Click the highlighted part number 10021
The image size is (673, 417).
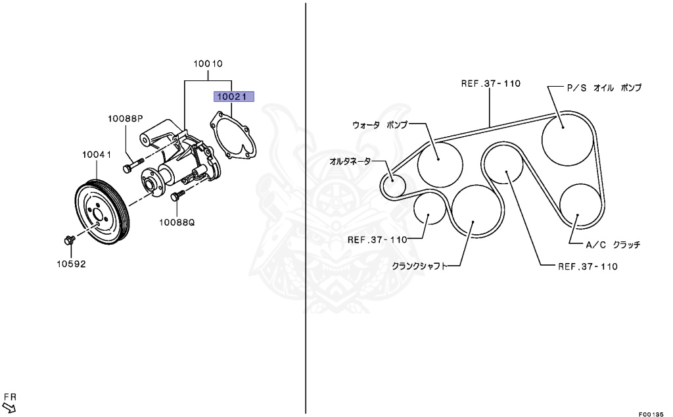[x=232, y=97]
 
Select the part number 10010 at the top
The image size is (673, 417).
[x=208, y=64]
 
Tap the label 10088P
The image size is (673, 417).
[x=126, y=119]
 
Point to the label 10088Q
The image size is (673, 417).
[x=177, y=222]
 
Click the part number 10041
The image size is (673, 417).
[x=96, y=155]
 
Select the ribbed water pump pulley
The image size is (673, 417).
[x=99, y=211]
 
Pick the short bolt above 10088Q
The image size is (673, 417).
[x=177, y=196]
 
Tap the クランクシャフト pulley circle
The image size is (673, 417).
[x=475, y=210]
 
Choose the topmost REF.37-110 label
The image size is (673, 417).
[x=490, y=84]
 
